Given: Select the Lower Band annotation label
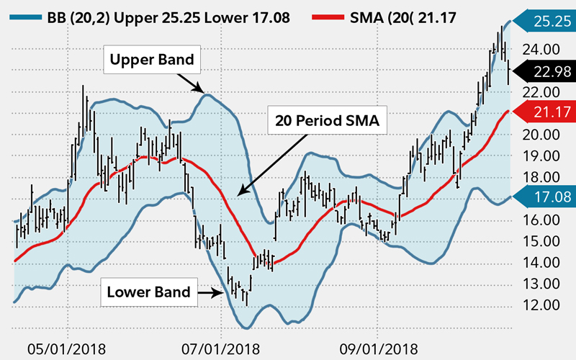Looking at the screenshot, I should point(149,292).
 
